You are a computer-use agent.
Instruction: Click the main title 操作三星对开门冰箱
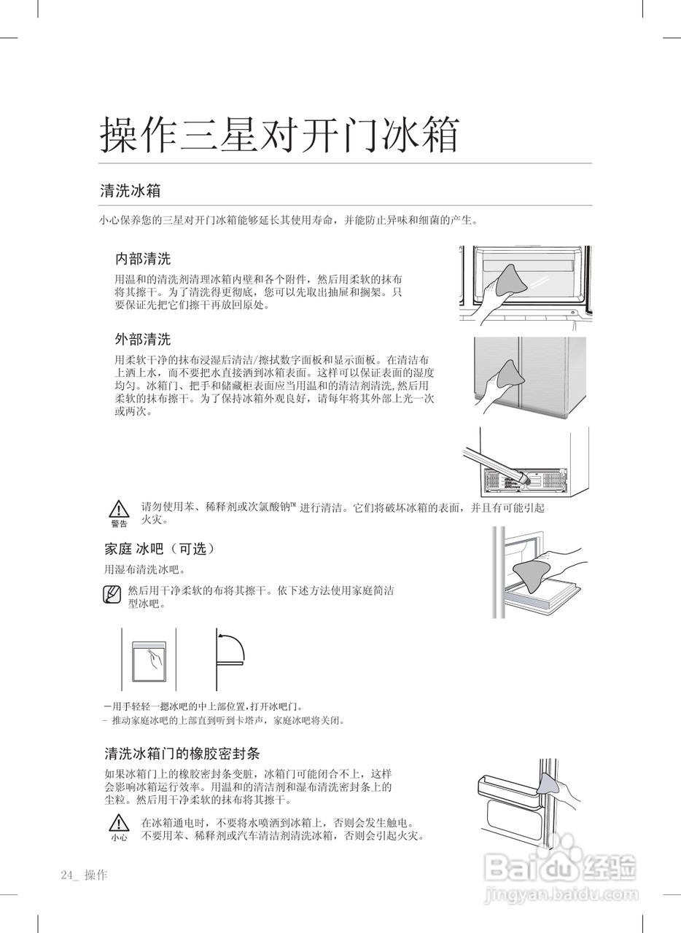(x=279, y=135)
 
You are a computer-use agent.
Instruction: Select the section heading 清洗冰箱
(x=130, y=191)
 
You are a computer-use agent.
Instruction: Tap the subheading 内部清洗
(x=143, y=259)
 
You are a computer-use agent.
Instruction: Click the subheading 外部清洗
(x=143, y=339)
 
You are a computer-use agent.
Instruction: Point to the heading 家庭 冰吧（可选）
(x=160, y=548)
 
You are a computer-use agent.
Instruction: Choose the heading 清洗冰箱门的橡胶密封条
(x=182, y=752)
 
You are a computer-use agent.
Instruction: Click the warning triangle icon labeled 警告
(x=119, y=510)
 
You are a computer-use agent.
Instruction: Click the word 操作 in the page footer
(x=96, y=875)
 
